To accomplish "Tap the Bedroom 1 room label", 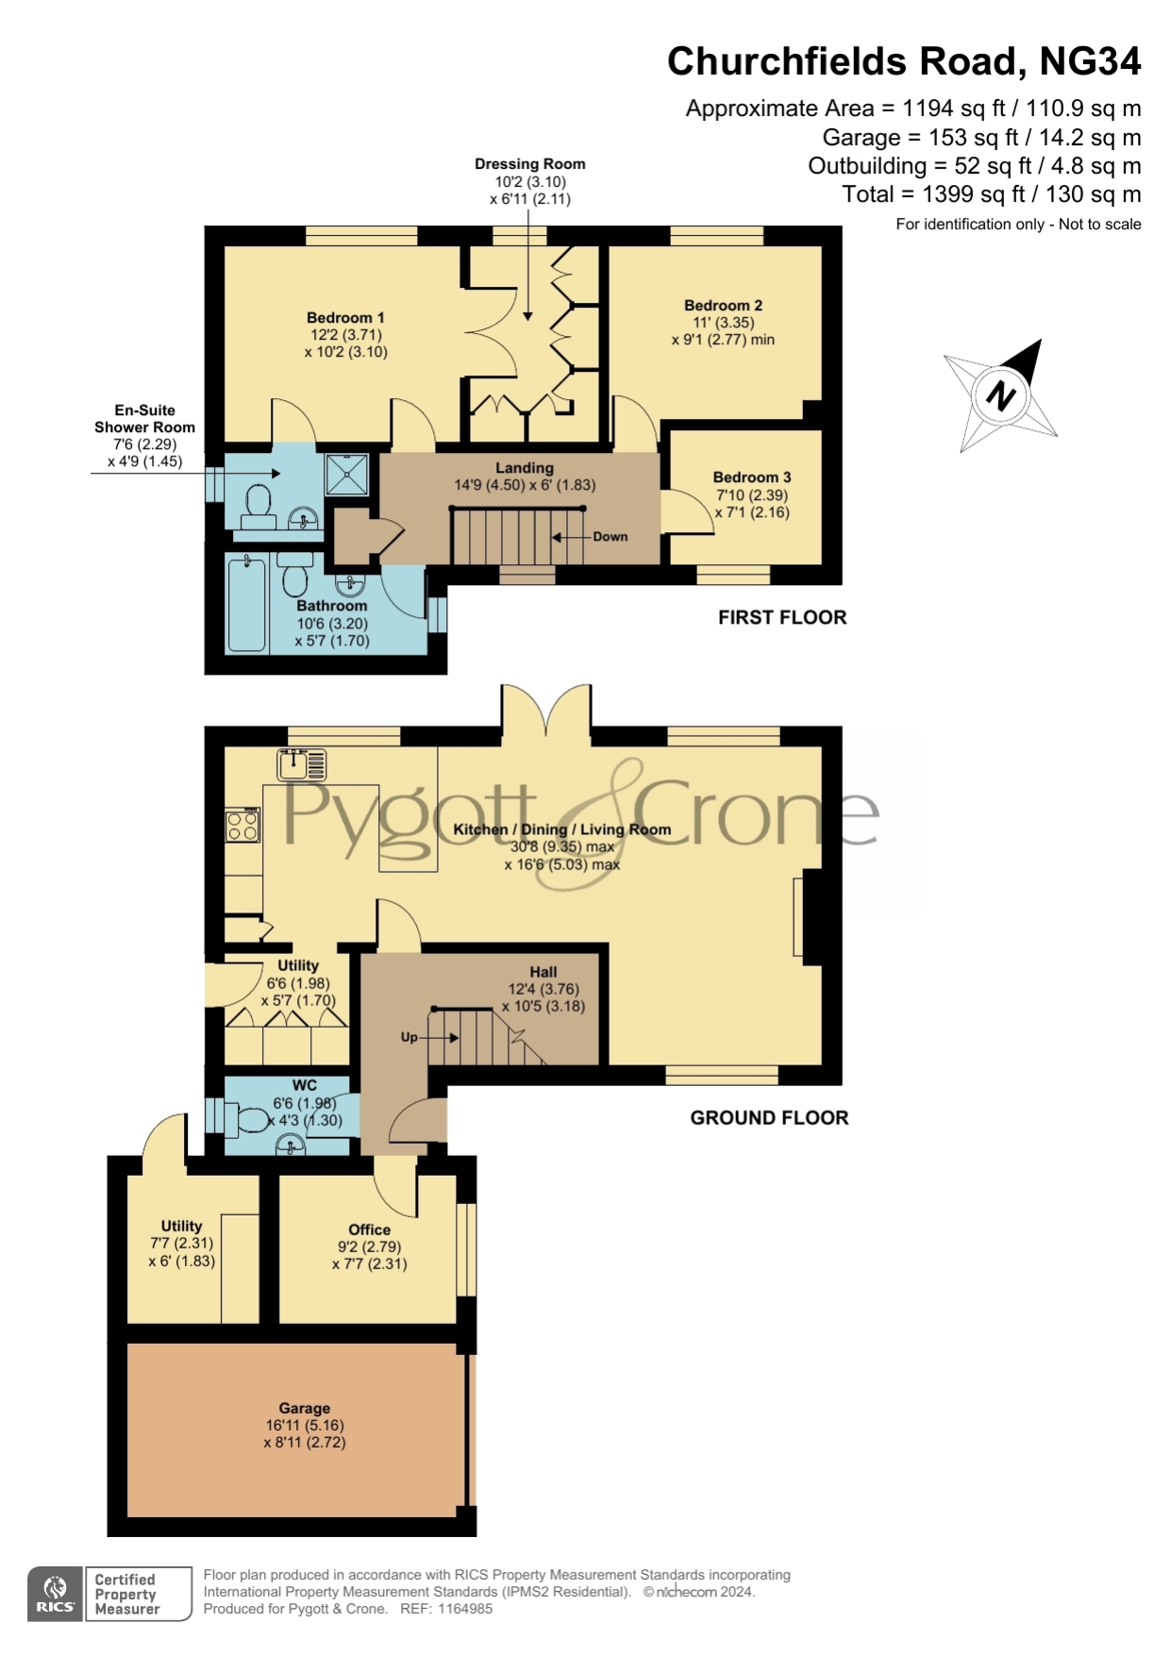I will pyautogui.click(x=345, y=318).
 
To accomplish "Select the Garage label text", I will pyautogui.click(x=304, y=1408).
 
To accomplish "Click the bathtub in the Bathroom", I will pyautogui.click(x=247, y=603).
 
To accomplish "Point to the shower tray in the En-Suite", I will pyautogui.click(x=346, y=474).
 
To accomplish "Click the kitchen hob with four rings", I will pyautogui.click(x=243, y=826).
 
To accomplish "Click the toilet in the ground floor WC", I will pyautogui.click(x=251, y=1121).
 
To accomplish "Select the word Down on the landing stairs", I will pyautogui.click(x=610, y=537).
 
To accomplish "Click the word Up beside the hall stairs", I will pyautogui.click(x=409, y=1037).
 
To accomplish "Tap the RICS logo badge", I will pyautogui.click(x=56, y=1595).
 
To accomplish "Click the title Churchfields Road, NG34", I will pyautogui.click(x=903, y=61).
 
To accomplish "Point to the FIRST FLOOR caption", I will pyautogui.click(x=781, y=618).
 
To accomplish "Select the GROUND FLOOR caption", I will pyautogui.click(x=768, y=1118).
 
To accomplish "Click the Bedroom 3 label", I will pyautogui.click(x=751, y=477).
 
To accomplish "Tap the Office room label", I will pyautogui.click(x=369, y=1229).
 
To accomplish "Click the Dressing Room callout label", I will pyautogui.click(x=529, y=164).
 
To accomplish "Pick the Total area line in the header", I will pyautogui.click(x=991, y=194).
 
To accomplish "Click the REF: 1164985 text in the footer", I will pyautogui.click(x=446, y=1609).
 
